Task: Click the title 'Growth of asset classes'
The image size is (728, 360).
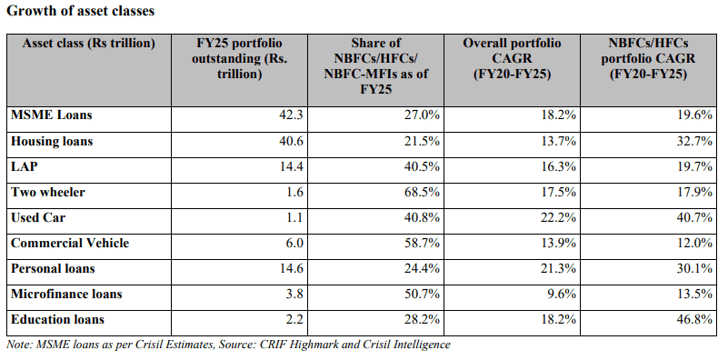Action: click(80, 11)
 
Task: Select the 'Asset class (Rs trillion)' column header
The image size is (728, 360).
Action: click(89, 44)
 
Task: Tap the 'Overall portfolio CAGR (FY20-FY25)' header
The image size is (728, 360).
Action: click(512, 58)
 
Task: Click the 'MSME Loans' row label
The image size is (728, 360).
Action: click(52, 115)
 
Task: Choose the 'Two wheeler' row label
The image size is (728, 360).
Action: click(48, 192)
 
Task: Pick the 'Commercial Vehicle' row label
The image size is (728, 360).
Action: click(70, 243)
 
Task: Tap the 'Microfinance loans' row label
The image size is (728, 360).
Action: click(66, 294)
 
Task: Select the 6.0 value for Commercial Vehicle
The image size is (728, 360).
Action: click(293, 243)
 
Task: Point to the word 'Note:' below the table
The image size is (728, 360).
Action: click(16, 345)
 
